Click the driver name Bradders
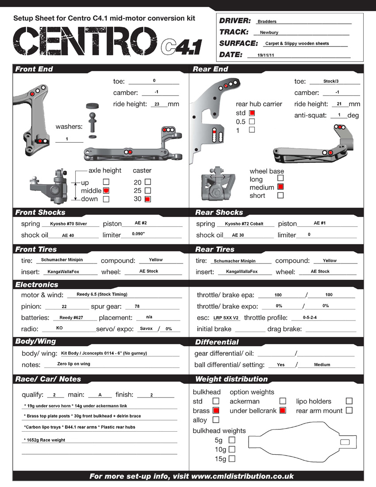[x=267, y=21]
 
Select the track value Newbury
[x=269, y=32]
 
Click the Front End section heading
[x=34, y=69]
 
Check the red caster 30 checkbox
[x=148, y=199]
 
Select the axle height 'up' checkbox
[x=106, y=182]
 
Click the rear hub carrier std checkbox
[x=252, y=113]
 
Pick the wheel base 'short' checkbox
[x=280, y=195]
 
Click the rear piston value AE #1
[x=319, y=223]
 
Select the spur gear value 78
[x=137, y=306]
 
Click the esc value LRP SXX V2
[x=226, y=318]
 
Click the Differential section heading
[x=217, y=342]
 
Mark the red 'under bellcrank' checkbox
[x=283, y=410]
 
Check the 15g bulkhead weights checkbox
[x=232, y=459]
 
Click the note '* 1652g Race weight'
[x=45, y=440]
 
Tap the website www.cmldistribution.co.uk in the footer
[x=242, y=476]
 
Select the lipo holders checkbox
[x=349, y=401]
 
